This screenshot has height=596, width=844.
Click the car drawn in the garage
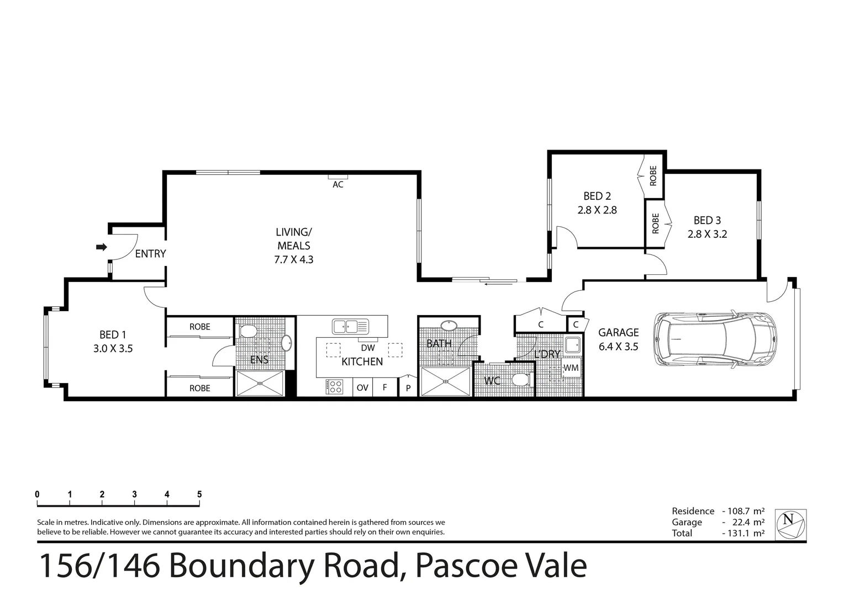(715, 339)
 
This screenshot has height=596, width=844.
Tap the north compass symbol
(790, 524)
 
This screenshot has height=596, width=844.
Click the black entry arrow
(101, 247)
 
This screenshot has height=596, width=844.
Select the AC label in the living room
(337, 184)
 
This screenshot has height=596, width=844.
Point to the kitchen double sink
(350, 326)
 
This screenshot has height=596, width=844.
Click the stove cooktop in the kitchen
(334, 386)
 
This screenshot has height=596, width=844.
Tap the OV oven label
(362, 387)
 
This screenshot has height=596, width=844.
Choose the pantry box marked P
(408, 387)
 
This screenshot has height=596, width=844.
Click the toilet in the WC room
(520, 380)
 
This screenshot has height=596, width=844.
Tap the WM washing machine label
(571, 368)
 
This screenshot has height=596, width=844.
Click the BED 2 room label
(597, 196)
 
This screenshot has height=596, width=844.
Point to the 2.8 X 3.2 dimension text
(707, 234)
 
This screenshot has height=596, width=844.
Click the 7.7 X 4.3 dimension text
(293, 259)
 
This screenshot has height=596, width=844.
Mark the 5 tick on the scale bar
(199, 494)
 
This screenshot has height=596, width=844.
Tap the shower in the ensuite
(260, 383)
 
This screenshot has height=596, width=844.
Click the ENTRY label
(150, 253)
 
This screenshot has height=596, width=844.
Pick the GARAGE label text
(618, 332)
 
